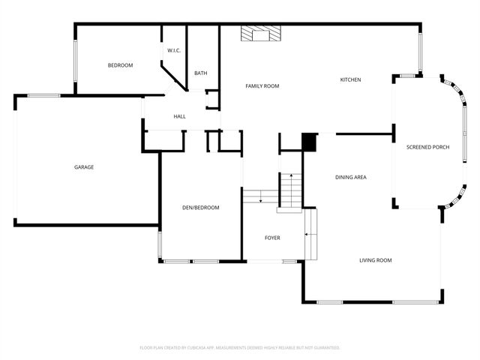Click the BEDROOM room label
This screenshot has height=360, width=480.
click(x=120, y=66)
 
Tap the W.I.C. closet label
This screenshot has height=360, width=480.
click(x=172, y=51)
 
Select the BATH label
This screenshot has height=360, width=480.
click(x=200, y=73)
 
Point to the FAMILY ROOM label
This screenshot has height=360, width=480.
click(x=262, y=86)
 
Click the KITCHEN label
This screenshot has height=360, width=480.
click(x=350, y=79)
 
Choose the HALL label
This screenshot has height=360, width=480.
click(x=179, y=116)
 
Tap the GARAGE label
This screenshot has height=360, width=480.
click(x=84, y=167)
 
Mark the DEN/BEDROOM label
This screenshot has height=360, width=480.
click(x=200, y=207)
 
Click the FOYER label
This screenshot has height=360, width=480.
click(x=272, y=238)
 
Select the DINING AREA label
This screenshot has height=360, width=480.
click(x=350, y=177)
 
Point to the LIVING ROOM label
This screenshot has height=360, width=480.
click(x=375, y=260)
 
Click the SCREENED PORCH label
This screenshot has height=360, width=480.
click(x=427, y=147)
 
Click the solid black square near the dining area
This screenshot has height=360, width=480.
click(x=309, y=142)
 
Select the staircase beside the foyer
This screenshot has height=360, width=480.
click(x=289, y=190)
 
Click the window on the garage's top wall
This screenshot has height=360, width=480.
click(x=44, y=95)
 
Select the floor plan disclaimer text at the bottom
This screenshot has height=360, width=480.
click(x=240, y=348)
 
